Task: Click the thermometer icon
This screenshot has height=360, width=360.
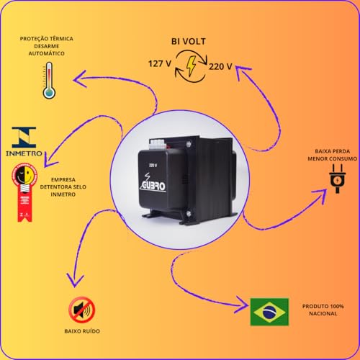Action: point(49,79)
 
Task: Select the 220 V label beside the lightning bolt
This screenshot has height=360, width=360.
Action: point(219,67)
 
